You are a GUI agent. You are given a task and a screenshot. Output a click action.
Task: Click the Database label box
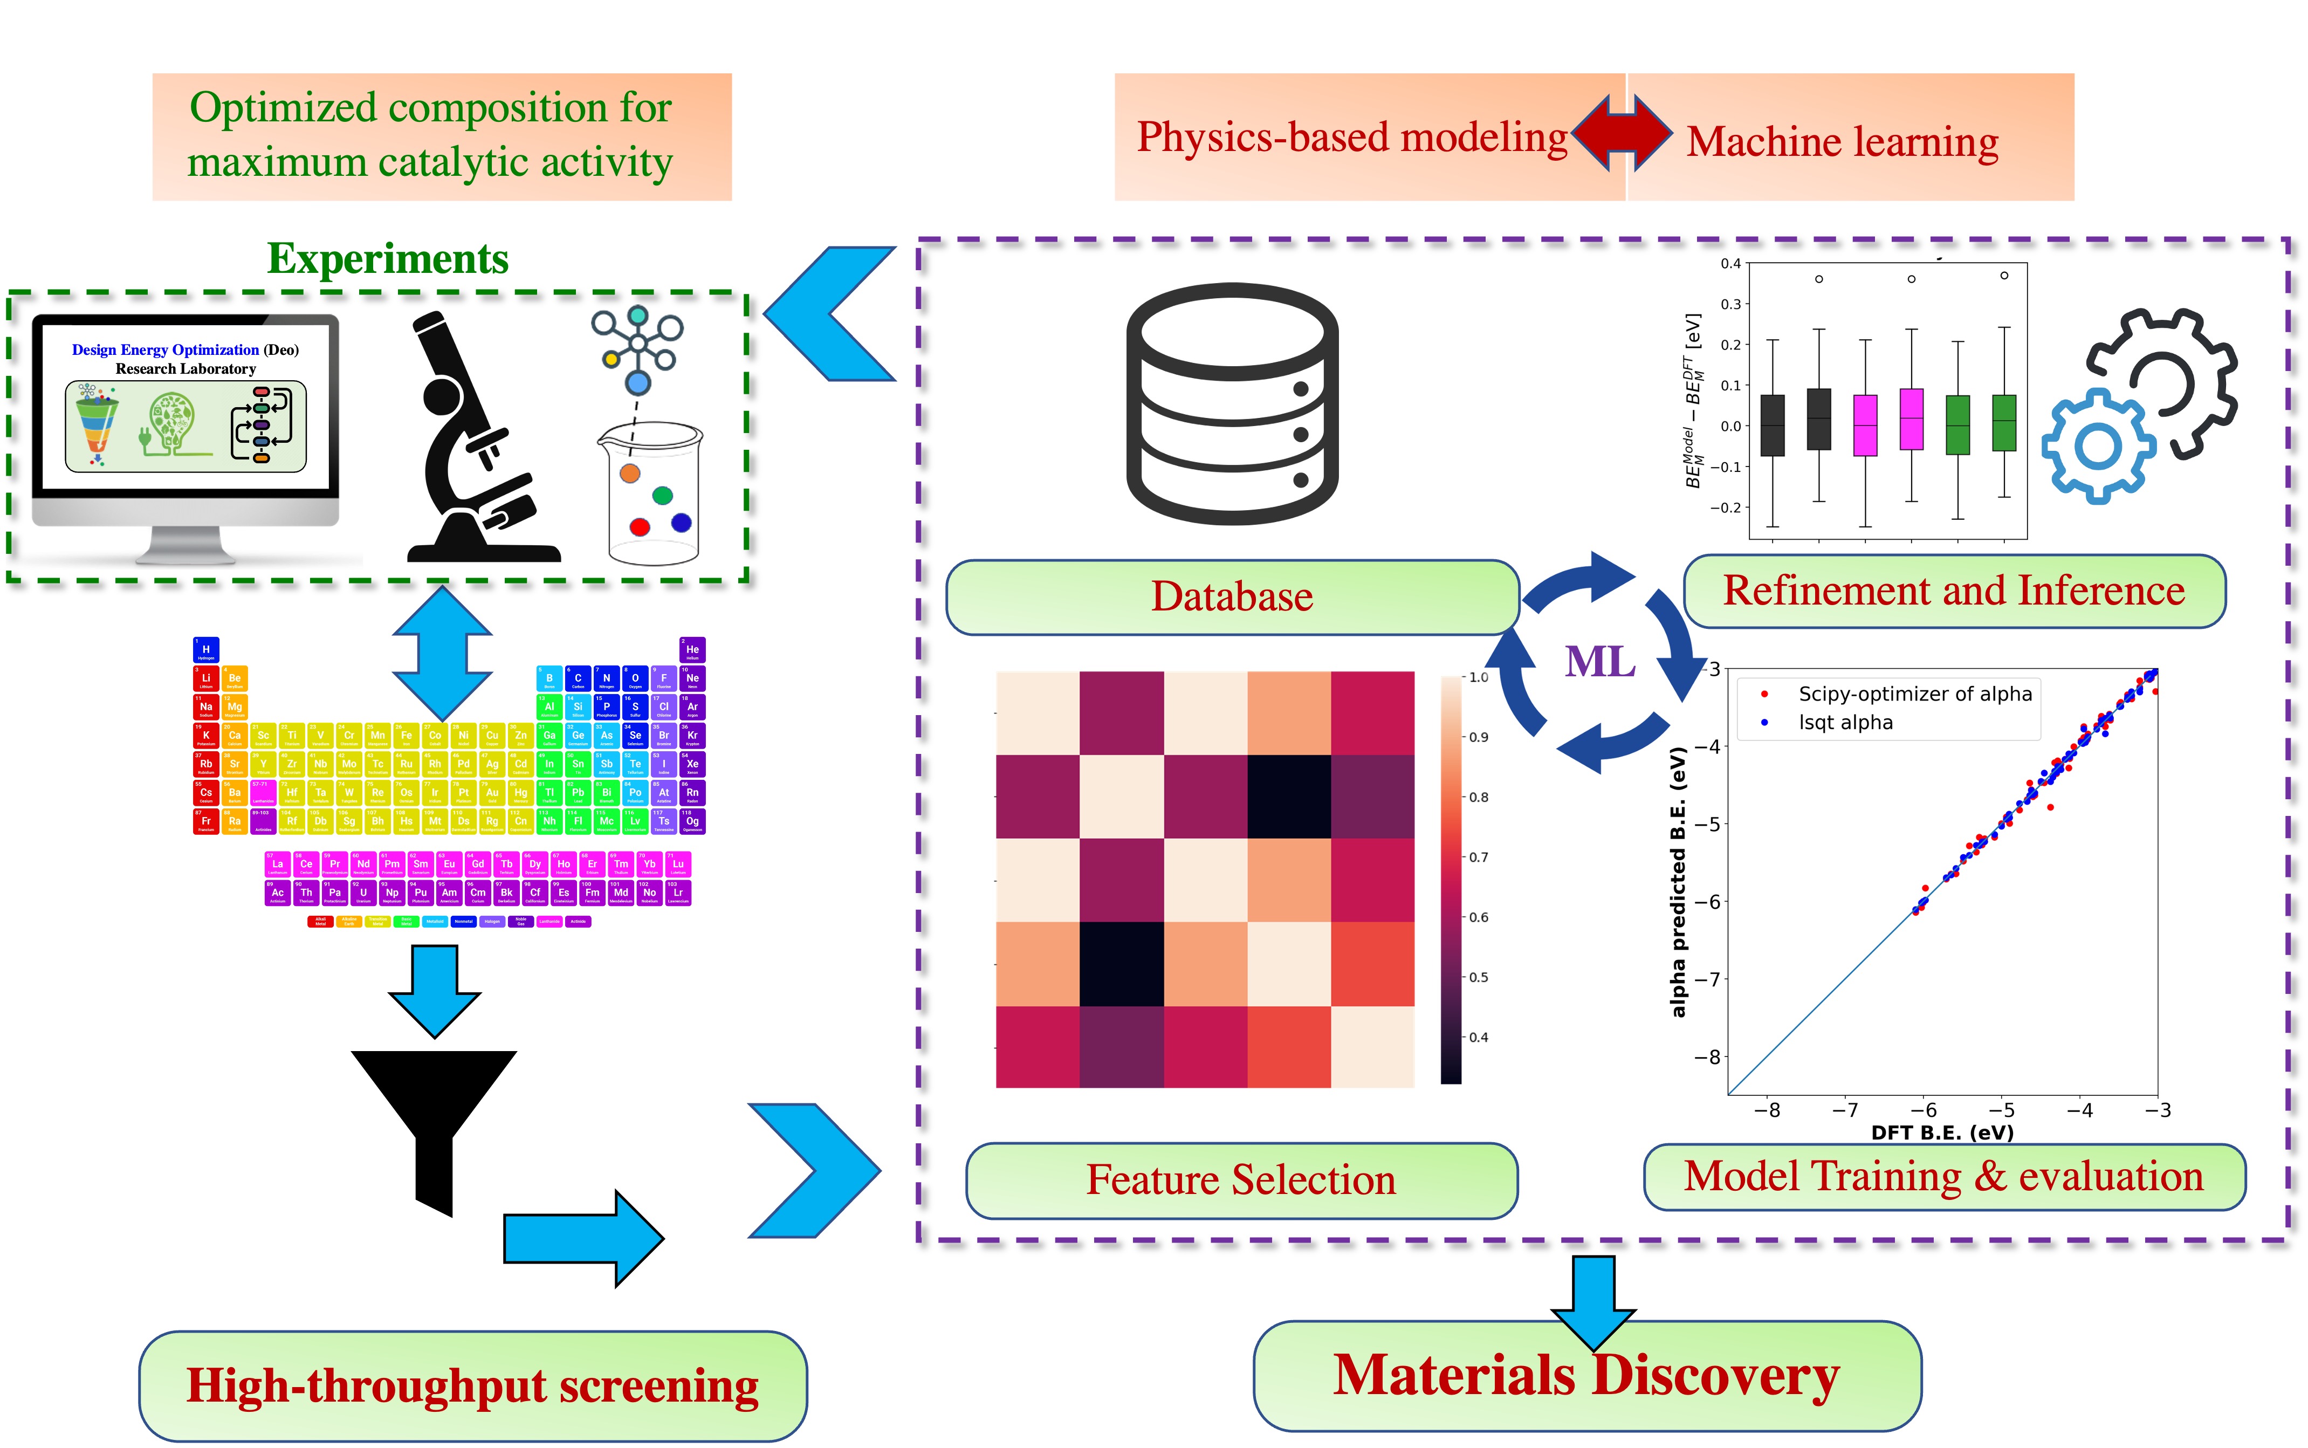click(x=1232, y=596)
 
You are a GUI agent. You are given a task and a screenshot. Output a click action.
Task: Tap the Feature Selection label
click(x=1241, y=1180)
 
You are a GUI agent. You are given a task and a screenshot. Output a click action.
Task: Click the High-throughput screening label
click(x=472, y=1386)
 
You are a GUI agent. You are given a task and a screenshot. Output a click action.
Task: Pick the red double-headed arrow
click(x=1622, y=134)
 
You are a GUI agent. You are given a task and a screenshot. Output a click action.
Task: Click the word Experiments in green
click(x=388, y=258)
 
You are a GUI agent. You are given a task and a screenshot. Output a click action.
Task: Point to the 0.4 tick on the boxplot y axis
click(x=1730, y=263)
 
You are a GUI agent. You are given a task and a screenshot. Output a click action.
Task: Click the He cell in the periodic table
click(x=692, y=649)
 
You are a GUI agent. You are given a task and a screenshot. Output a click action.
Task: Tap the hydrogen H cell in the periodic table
click(x=206, y=649)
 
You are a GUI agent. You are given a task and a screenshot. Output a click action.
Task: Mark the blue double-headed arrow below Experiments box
click(x=442, y=653)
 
